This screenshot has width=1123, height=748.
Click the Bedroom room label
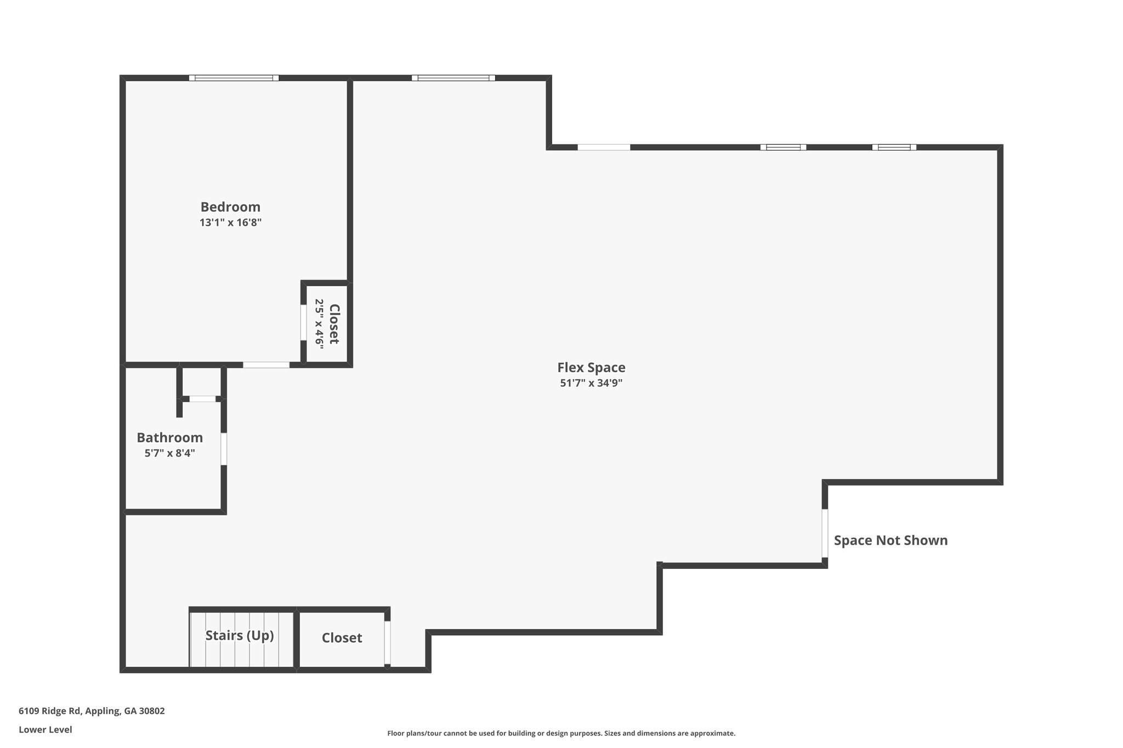pos(230,207)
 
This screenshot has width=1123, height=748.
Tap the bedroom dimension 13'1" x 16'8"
pos(230,222)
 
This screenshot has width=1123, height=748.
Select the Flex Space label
pos(591,368)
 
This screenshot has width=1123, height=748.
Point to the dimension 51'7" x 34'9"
pos(591,383)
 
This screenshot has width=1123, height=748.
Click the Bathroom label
pos(169,438)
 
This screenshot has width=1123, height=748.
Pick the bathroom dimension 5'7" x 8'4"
pos(169,453)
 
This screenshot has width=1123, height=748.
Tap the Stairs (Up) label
pos(240,636)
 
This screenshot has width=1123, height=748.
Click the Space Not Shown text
pos(891,540)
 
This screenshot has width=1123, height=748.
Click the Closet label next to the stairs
pos(342,638)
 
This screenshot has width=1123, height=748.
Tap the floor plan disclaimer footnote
pos(561,733)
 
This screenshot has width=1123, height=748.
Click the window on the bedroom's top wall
pos(234,78)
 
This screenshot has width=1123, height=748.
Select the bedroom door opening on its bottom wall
pos(266,365)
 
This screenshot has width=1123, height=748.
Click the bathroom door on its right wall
pos(224,449)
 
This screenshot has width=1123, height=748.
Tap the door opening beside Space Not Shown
pos(825,533)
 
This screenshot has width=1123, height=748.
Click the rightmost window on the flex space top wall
pos(894,147)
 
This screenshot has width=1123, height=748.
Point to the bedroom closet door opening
pos(303,323)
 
